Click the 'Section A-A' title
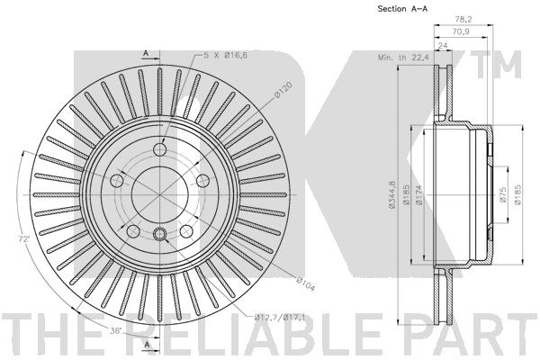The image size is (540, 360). click(x=402, y=9)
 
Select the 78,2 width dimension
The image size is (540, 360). click(x=463, y=19)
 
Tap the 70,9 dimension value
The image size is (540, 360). click(x=462, y=31)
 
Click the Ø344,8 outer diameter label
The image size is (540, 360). click(x=391, y=194)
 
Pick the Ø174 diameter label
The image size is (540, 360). click(x=419, y=195)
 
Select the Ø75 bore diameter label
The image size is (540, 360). click(x=503, y=195)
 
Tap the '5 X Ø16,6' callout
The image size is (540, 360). click(x=225, y=55)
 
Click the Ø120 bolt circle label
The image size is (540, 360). click(x=283, y=90)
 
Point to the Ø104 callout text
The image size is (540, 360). click(x=306, y=283)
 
